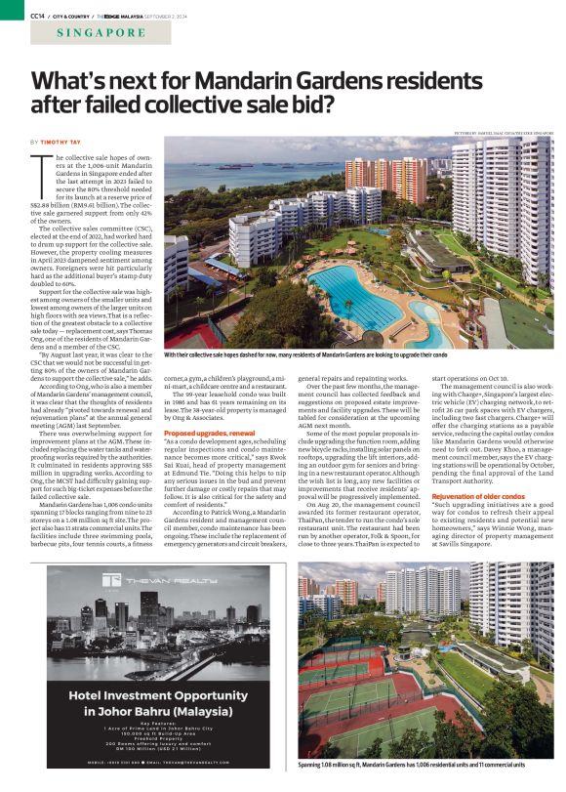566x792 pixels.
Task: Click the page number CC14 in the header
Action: (x=39, y=15)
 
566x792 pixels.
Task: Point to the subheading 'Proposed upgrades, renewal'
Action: (x=208, y=432)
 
